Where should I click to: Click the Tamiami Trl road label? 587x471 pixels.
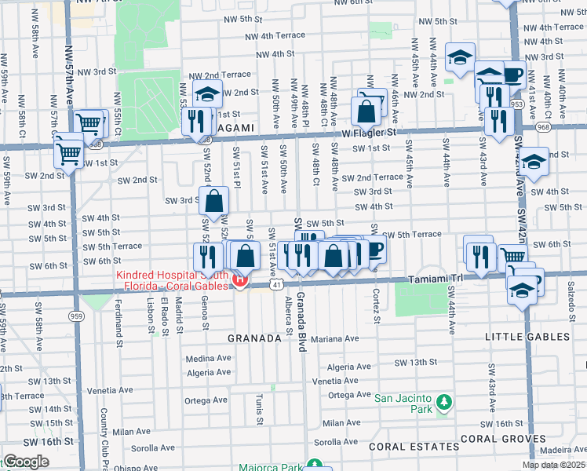[436, 279]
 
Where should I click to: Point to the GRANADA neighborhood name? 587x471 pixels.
[253, 338]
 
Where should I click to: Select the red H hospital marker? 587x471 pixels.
[240, 279]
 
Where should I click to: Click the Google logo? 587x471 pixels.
[25, 462]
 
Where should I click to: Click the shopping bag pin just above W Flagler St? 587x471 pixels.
[366, 111]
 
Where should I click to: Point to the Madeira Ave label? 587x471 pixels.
[563, 449]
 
